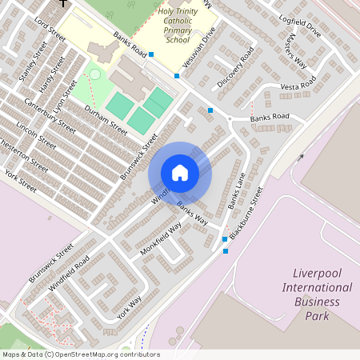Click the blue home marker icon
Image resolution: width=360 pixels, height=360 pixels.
pyautogui.click(x=180, y=173)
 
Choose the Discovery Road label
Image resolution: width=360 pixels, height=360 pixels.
pyautogui.click(x=235, y=66)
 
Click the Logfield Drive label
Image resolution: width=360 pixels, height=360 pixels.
pyautogui.click(x=299, y=26)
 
